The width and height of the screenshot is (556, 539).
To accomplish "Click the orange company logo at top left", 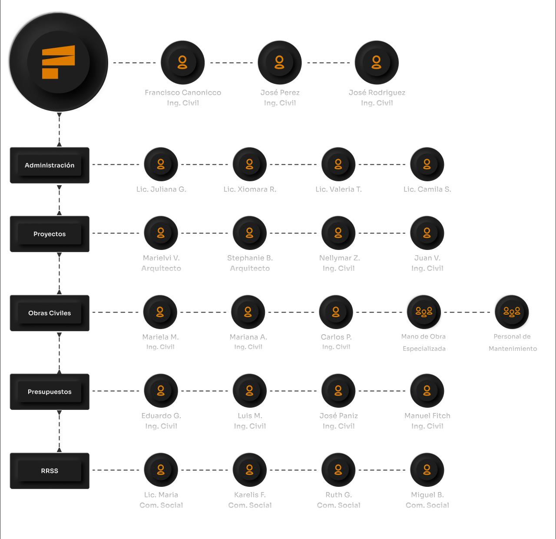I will click(58, 62).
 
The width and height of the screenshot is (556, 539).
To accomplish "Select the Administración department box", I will click(50, 165).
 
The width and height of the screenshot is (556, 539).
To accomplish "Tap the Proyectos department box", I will click(50, 234).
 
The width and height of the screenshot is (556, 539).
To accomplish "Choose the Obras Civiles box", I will click(50, 313).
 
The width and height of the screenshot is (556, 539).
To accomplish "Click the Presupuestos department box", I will click(50, 392).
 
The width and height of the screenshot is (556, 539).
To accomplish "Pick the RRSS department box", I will click(50, 471).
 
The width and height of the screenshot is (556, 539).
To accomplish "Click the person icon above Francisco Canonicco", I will click(182, 62).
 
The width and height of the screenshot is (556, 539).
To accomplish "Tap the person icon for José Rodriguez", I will click(377, 62).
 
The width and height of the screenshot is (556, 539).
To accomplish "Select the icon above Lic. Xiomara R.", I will click(249, 164).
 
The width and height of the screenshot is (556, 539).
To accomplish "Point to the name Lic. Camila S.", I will click(427, 189).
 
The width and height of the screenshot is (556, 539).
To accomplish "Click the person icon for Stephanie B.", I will click(249, 233).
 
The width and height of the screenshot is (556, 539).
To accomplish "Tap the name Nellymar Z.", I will click(339, 258).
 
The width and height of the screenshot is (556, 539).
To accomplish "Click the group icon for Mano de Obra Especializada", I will click(424, 311).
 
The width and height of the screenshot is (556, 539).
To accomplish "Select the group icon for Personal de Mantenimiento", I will click(512, 311).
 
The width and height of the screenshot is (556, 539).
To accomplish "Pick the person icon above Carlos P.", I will click(336, 312).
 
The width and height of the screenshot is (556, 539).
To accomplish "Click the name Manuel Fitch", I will click(427, 416).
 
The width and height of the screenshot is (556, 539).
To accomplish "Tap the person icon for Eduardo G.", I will click(161, 390).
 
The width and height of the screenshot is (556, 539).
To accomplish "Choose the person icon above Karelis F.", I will click(249, 469).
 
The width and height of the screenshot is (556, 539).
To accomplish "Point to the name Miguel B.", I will click(427, 495).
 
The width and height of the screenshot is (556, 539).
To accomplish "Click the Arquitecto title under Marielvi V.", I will click(161, 268).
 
